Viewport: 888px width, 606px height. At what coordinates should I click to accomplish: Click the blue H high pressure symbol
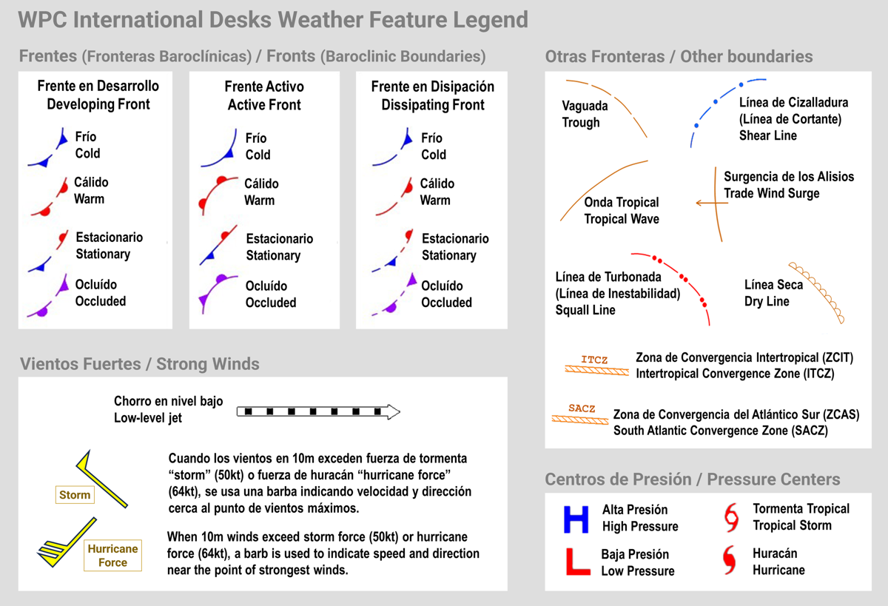coord(576,519)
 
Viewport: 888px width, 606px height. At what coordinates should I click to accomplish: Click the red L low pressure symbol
coord(578,562)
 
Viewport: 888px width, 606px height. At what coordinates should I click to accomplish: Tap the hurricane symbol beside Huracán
coord(730,560)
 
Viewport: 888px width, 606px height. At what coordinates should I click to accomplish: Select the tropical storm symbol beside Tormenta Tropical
coord(731,518)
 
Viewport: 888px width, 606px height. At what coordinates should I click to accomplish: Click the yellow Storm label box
coord(75,494)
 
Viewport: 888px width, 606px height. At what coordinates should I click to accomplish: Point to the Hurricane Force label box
coord(113,555)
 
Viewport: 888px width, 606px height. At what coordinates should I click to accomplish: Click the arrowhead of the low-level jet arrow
coord(394,412)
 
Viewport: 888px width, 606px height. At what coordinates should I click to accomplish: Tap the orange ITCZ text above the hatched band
coord(594,360)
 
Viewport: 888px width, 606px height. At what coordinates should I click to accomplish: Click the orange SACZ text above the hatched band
coord(582,408)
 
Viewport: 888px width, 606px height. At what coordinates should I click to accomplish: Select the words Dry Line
coord(767,301)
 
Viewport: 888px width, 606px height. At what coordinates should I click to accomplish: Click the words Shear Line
coord(768,135)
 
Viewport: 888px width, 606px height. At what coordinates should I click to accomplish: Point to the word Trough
coord(581,123)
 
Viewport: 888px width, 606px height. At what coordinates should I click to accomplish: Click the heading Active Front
coord(264,104)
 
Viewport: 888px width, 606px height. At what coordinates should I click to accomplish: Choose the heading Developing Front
coord(98,104)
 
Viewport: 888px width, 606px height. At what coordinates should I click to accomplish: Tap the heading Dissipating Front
coord(433,104)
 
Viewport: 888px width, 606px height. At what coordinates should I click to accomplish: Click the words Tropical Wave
coord(622,219)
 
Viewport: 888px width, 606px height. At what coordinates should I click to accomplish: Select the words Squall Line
coord(585,310)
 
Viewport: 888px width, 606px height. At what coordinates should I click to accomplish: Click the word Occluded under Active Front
coord(271,303)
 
